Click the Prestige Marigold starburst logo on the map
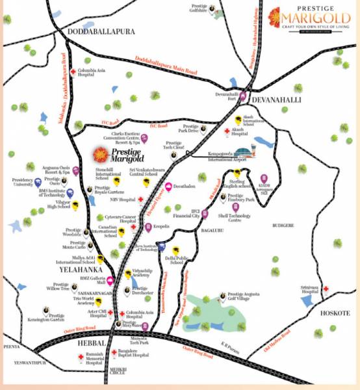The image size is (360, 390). coord(99,155)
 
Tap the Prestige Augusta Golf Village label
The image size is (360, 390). coord(246,297)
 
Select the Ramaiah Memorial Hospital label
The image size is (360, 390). coord(77,359)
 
